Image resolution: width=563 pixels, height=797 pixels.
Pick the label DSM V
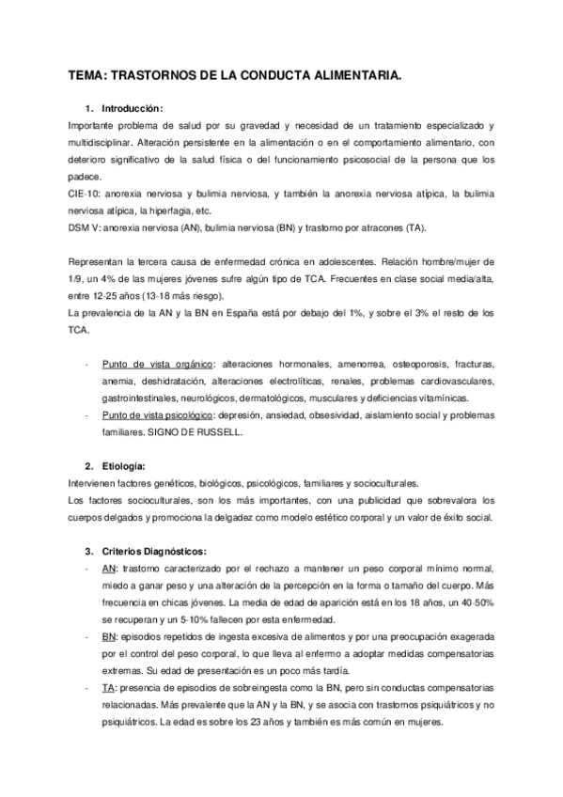tap(86, 227)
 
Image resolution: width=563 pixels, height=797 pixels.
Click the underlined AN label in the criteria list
tap(108, 569)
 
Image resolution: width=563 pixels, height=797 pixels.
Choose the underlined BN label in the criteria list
tap(109, 636)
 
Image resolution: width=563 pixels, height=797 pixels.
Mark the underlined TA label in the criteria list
tap(108, 688)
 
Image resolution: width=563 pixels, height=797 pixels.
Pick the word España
tap(242, 310)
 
